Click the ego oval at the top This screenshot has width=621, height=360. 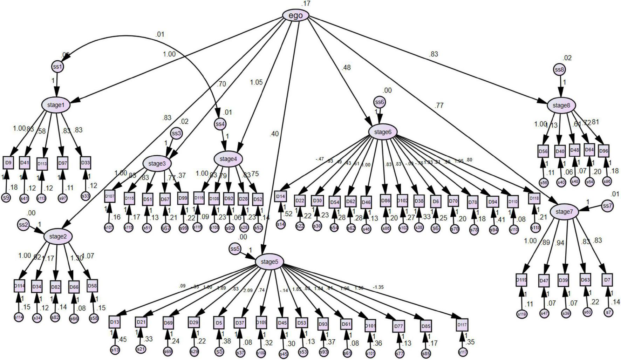[296, 15]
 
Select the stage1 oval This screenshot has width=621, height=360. [56, 105]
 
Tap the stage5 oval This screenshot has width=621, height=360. [269, 262]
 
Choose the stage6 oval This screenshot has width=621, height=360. [383, 132]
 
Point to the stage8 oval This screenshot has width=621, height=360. [561, 105]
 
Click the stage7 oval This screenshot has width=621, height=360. [564, 212]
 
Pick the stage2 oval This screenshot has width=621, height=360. [58, 237]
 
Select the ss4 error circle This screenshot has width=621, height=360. [220, 124]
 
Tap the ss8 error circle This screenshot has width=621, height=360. [560, 70]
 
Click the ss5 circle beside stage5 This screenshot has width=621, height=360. [235, 249]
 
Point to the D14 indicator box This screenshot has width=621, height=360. [280, 196]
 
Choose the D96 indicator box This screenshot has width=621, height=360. [603, 151]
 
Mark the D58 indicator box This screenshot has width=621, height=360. [92, 286]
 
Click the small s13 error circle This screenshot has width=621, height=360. [115, 349]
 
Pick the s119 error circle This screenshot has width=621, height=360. [522, 314]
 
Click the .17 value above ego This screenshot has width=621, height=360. [306, 4]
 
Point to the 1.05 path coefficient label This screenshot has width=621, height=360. [256, 82]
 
